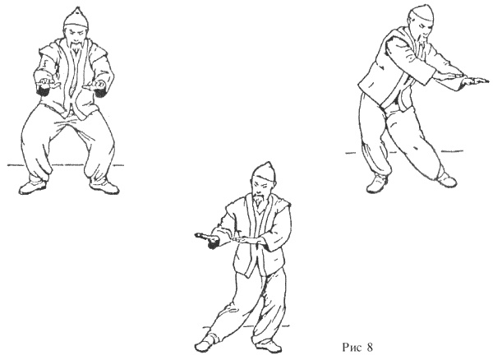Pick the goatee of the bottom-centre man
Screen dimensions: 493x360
(259, 201)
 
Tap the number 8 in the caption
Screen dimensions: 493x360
(370, 348)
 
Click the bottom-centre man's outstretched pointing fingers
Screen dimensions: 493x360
(201, 236)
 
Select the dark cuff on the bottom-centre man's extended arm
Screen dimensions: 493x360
(213, 244)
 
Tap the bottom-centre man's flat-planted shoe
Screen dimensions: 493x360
(268, 346)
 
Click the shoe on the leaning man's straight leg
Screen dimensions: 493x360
(447, 180)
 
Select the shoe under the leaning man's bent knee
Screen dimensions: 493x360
(377, 185)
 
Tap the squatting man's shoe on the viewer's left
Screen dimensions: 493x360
(32, 187)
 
